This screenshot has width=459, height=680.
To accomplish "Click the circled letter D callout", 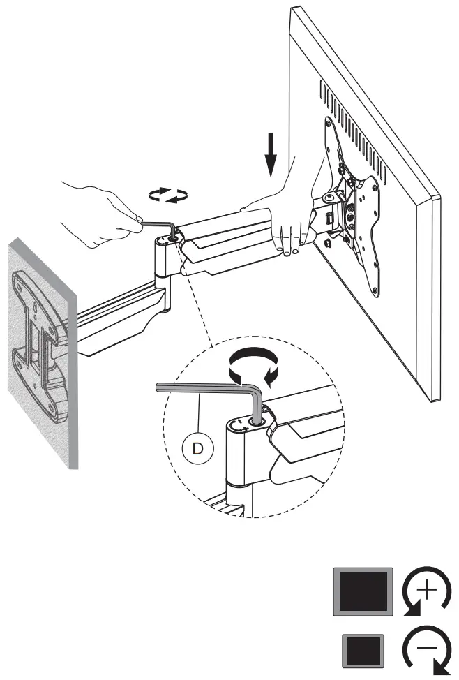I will click(x=198, y=446).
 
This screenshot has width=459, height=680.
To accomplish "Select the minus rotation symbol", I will click(x=426, y=651).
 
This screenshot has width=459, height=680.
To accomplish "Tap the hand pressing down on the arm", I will click(x=283, y=216).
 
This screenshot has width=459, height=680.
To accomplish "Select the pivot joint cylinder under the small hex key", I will click(x=162, y=258).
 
